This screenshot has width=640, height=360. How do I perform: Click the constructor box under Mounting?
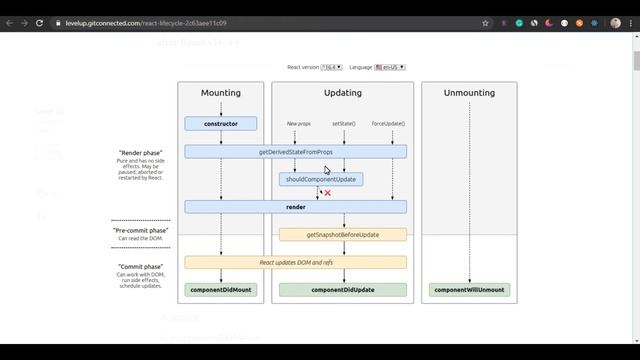[220, 124]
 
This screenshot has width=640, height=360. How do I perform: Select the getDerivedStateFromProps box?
[295, 151]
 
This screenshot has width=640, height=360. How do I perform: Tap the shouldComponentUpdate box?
[320, 179]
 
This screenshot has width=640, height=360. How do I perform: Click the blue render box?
[295, 207]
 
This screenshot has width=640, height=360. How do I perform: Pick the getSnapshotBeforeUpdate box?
[343, 235]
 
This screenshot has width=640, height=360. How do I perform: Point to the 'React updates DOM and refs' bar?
[295, 262]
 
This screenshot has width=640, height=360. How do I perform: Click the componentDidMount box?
[220, 290]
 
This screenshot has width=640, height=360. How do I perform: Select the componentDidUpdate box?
[343, 290]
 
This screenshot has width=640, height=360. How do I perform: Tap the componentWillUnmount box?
[470, 290]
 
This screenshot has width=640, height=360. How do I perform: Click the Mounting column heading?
[221, 93]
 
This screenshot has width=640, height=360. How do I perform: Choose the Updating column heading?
[343, 93]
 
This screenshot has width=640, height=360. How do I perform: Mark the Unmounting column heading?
[470, 93]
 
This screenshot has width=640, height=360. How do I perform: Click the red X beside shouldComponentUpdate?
[327, 193]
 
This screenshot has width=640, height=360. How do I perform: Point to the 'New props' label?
[299, 123]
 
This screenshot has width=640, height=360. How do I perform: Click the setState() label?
[344, 123]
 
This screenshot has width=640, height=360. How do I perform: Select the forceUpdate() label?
[388, 123]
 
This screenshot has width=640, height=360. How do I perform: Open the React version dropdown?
[331, 67]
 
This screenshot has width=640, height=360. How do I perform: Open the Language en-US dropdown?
[390, 67]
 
